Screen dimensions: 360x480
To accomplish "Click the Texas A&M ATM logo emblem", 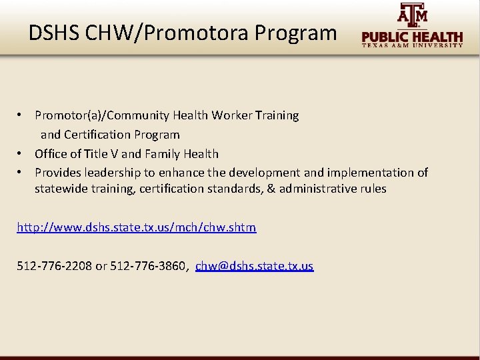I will tap(413, 15).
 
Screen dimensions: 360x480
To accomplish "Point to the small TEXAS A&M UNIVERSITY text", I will tap(413, 46).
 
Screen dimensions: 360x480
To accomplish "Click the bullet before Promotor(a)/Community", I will tap(22, 115).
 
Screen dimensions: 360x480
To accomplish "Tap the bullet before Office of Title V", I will tap(22, 154).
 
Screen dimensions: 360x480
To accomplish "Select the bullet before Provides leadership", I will tap(22, 173).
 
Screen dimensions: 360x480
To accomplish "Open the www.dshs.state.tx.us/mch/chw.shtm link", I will tap(136, 227).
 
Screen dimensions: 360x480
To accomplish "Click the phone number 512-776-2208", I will tap(55, 266).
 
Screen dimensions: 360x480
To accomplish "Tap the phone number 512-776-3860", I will tap(148, 266).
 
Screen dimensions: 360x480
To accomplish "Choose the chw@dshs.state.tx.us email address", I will tap(254, 266).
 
